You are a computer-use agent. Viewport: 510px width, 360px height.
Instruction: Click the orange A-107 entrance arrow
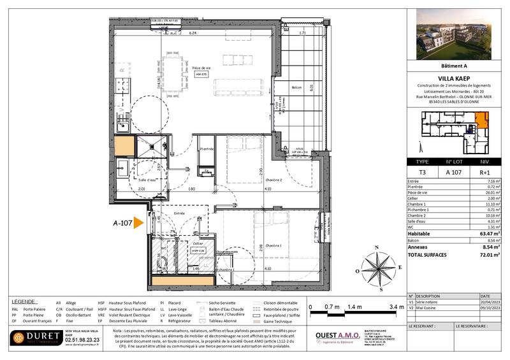pyautogui.click(x=138, y=224)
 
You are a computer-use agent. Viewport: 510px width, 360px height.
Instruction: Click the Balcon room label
pyautogui.click(x=296, y=87)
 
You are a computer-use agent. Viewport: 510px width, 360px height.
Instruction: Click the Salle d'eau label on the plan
pyautogui.click(x=147, y=180)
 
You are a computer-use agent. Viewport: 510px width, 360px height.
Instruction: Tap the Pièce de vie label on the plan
pyautogui.click(x=201, y=68)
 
